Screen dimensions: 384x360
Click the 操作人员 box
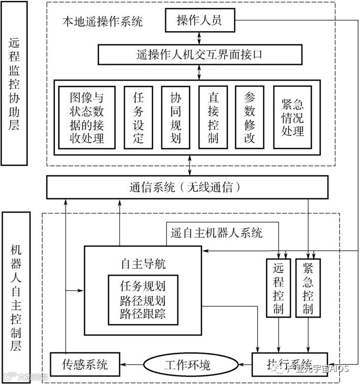(199, 21)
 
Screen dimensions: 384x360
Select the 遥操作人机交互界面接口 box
(199, 54)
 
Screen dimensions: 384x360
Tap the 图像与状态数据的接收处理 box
(87, 117)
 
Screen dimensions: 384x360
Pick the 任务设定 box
(138, 117)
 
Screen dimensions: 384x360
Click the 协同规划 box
(175, 117)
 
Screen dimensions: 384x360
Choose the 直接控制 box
(213, 117)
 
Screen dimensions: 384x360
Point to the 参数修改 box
(250, 117)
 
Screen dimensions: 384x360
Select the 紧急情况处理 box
(293, 117)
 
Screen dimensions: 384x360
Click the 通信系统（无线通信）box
(188, 187)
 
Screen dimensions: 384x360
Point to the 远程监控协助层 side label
(14, 90)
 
